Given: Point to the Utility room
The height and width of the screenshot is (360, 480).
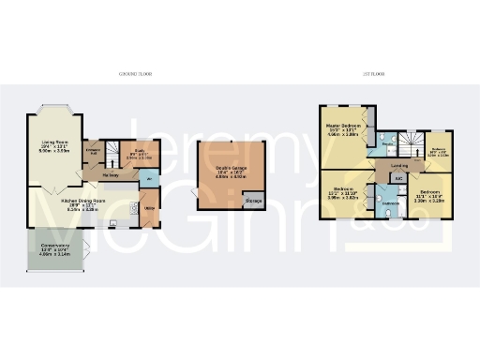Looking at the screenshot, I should (x=150, y=208).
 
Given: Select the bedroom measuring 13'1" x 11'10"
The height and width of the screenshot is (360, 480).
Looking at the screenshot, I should (x=344, y=194).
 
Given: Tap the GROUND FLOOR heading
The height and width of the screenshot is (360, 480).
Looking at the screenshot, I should (x=137, y=73).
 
